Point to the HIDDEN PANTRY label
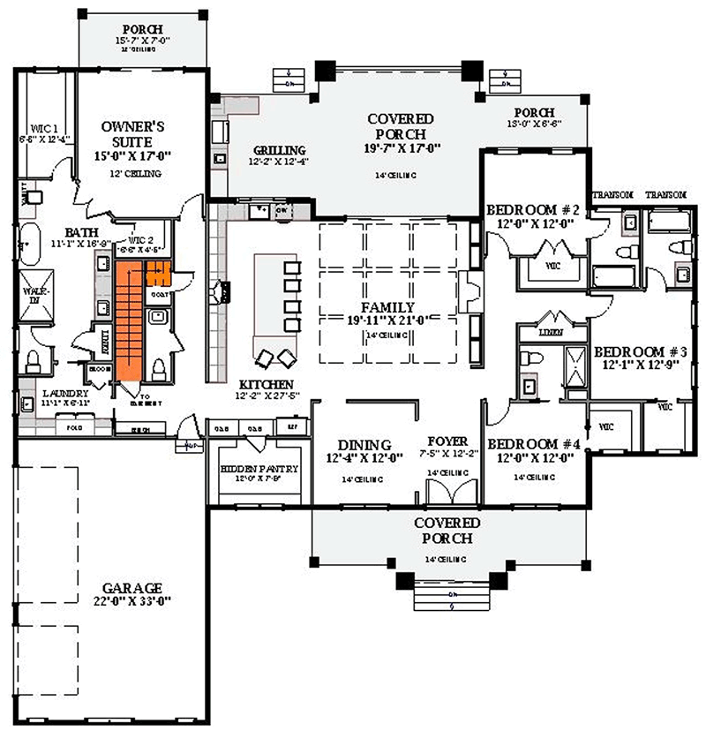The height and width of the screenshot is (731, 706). pos(259,469)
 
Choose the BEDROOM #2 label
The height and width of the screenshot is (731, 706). pos(532,210)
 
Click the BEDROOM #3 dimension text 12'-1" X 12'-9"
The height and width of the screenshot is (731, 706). pos(639,363)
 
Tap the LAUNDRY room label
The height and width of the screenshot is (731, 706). pos(65,393)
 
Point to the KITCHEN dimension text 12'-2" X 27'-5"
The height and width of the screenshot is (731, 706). pos(266,397)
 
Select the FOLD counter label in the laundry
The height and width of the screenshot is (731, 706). pos(74,427)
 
